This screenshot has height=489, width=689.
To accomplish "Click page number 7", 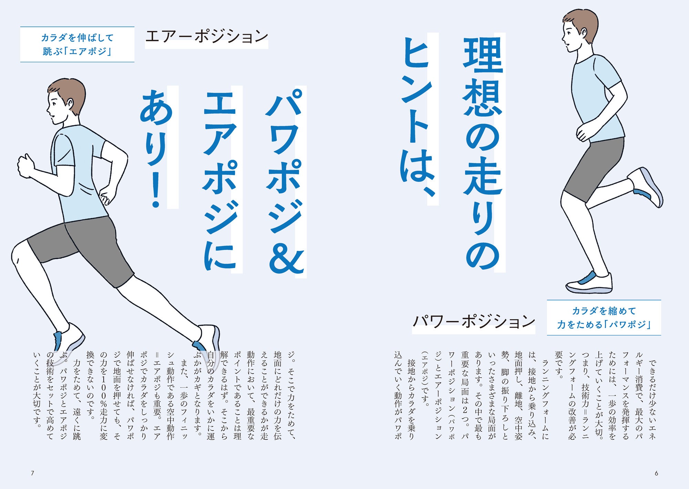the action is pyautogui.click(x=33, y=473).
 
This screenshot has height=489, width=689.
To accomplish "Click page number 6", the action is pyautogui.click(x=656, y=473).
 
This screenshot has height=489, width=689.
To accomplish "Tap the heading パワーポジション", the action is pyautogui.click(x=474, y=321).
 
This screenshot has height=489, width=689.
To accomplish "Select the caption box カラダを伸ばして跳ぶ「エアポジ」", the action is pyautogui.click(x=77, y=44).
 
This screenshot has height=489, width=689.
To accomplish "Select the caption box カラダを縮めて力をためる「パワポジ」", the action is pyautogui.click(x=604, y=317).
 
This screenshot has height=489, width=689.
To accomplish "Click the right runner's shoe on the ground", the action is pyautogui.click(x=589, y=283).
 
